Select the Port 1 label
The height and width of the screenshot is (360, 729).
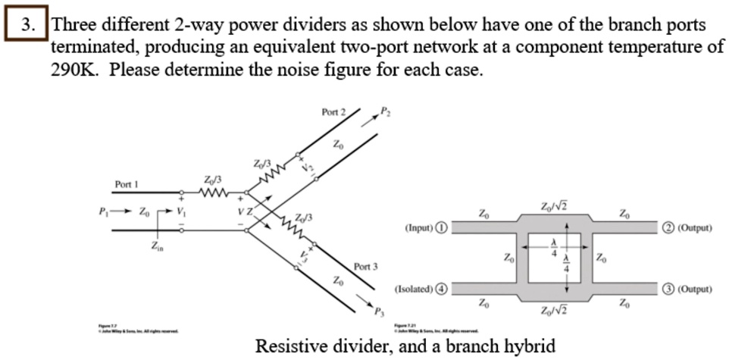pos(127,184)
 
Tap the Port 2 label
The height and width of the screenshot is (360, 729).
pos(333,112)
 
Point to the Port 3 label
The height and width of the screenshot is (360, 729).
pos(365,267)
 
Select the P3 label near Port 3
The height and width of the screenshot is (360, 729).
pos(380,312)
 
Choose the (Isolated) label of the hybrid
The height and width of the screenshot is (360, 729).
pos(415,289)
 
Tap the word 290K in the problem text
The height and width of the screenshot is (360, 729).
pos(75,72)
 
